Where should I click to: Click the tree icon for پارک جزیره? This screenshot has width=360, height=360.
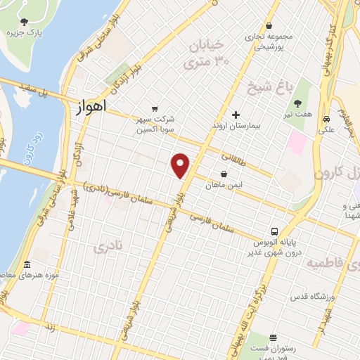[25, 22]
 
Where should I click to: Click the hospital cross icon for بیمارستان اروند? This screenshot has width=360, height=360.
[236, 115]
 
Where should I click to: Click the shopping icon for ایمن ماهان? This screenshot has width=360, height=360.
[224, 174]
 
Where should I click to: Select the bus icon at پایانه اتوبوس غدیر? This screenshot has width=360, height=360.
[275, 231]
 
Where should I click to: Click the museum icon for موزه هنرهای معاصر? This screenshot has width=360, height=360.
[27, 265]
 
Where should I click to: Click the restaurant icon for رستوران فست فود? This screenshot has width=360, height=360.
[273, 337]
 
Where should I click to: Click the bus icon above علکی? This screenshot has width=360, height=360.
[327, 119]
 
